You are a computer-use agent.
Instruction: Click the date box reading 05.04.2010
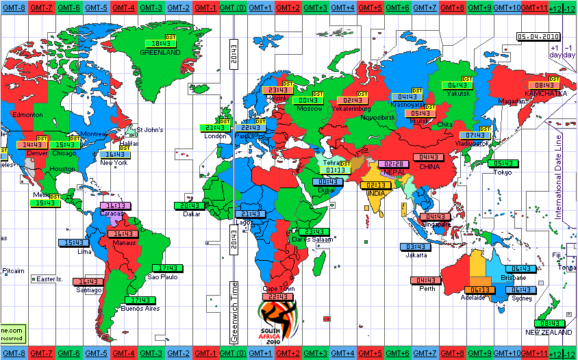[x=538, y=37]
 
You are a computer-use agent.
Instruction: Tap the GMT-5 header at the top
[x=97, y=7]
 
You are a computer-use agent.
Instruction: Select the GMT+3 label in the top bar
[x=315, y=7]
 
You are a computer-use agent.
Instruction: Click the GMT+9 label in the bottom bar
[x=479, y=354]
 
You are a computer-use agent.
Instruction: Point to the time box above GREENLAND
[x=158, y=42]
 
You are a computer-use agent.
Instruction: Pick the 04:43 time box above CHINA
[x=429, y=157]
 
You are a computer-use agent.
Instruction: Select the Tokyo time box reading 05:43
[x=503, y=164]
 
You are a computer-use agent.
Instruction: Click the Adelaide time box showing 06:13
[x=479, y=290]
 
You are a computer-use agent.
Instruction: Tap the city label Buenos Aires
[x=140, y=309]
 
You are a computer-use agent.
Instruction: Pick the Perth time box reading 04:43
[x=426, y=280]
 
